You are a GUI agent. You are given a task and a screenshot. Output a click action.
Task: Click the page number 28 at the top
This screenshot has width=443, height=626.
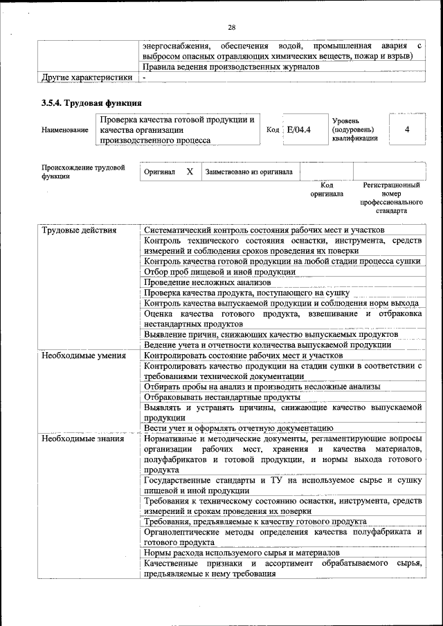tap(232, 27)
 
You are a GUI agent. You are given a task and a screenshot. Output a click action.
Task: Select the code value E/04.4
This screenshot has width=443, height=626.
tap(299, 129)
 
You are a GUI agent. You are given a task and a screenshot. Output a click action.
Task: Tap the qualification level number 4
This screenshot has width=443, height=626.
tap(407, 129)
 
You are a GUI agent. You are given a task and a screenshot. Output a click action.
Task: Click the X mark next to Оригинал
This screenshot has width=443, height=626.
tap(190, 172)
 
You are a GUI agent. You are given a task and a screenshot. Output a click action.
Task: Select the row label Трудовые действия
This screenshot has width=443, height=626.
tap(79, 230)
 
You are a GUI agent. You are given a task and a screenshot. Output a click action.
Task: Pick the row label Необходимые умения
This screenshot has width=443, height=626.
tap(83, 356)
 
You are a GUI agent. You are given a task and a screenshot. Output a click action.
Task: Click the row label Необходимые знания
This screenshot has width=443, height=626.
tap(82, 439)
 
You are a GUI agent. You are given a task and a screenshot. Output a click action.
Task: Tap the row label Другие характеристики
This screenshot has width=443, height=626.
tap(87, 77)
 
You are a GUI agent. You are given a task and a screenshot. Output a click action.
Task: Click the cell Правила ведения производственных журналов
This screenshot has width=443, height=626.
tap(231, 67)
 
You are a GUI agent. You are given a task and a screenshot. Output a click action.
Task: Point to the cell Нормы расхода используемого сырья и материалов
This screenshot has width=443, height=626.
tap(242, 553)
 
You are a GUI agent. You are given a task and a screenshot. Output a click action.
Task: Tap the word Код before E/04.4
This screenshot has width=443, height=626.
tap(273, 130)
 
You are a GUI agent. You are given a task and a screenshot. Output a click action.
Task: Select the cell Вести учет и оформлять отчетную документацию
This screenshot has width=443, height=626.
tap(234, 429)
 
